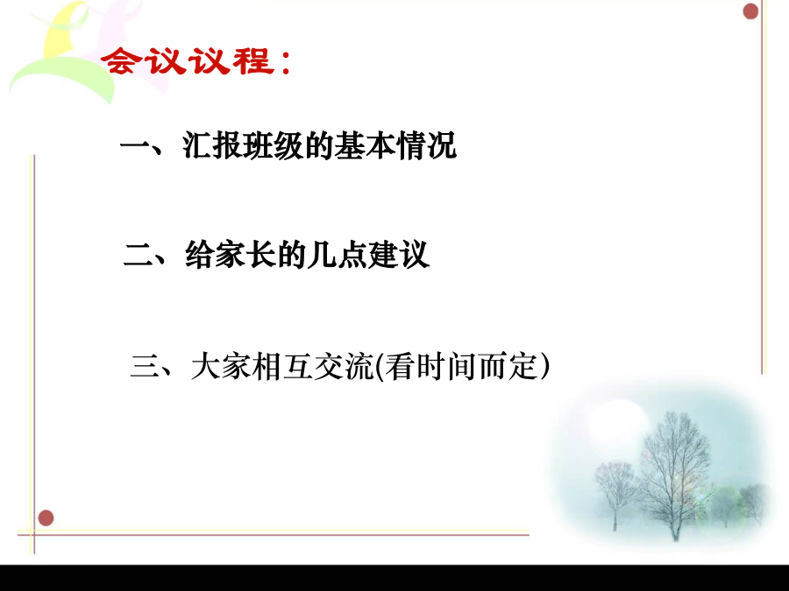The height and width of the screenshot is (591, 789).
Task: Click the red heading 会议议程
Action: pos(188,60)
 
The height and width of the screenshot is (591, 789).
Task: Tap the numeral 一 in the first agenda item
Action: pos(135,147)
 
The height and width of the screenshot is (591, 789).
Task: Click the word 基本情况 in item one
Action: pos(395,145)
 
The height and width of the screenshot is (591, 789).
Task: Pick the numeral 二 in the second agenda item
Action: pos(139,255)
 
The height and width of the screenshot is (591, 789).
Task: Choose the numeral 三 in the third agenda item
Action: pos(145,366)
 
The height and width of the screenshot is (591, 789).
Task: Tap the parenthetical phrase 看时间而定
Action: pos(462,366)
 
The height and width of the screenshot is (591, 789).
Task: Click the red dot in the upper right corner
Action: pos(750,11)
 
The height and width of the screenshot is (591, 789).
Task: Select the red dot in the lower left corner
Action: pos(46,517)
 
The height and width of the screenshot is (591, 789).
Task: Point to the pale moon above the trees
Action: pos(620,427)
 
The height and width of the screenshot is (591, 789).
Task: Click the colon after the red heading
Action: pos(287,62)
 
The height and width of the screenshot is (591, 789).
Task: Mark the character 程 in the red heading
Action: pos(253,60)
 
